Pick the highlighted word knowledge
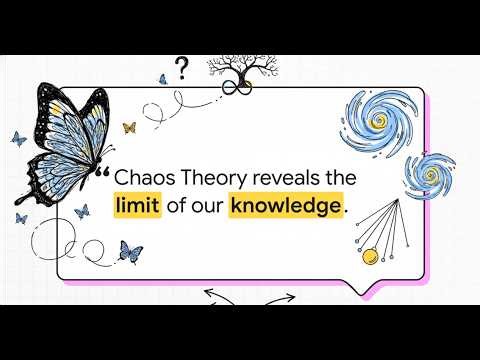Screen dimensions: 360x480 284,207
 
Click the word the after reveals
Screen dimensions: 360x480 343,177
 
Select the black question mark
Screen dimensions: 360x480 181,67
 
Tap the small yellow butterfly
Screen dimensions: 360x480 128,127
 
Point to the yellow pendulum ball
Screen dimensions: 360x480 370,256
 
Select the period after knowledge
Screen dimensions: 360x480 346,211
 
